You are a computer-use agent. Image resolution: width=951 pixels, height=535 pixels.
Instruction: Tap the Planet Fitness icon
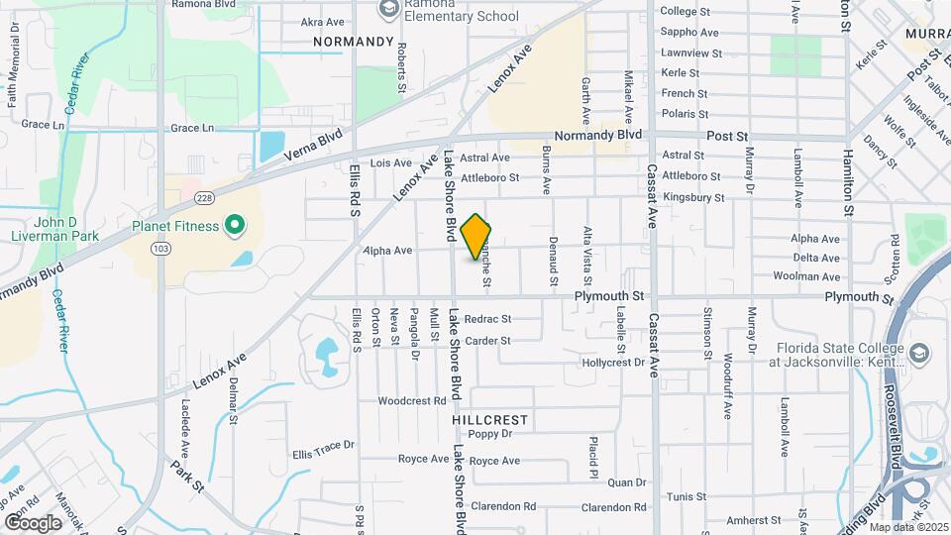235,227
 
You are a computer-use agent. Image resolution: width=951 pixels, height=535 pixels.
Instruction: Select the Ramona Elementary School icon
388,10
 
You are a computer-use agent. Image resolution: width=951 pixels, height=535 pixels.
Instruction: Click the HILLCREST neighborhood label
490,420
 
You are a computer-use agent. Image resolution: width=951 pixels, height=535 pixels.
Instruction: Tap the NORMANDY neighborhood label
354,42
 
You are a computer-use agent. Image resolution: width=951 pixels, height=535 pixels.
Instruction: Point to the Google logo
33,522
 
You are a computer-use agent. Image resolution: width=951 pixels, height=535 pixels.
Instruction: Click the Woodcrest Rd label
412,401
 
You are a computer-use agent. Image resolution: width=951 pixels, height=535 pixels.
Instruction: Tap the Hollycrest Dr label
613,363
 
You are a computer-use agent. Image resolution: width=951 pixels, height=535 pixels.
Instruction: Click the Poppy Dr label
489,434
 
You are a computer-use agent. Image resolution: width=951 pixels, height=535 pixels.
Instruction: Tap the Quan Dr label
626,482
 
